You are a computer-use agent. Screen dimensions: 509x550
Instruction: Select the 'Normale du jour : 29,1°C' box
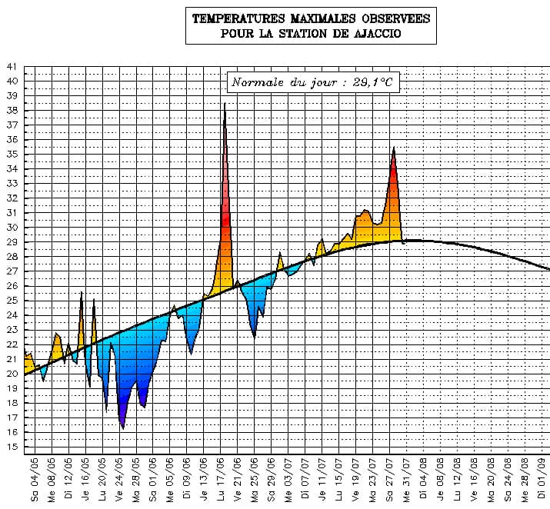coord(314,82)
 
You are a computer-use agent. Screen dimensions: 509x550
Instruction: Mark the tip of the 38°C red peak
coord(225,104)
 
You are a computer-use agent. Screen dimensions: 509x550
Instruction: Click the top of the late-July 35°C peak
coord(394,147)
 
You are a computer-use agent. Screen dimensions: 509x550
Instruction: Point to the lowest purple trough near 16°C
coord(122,428)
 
